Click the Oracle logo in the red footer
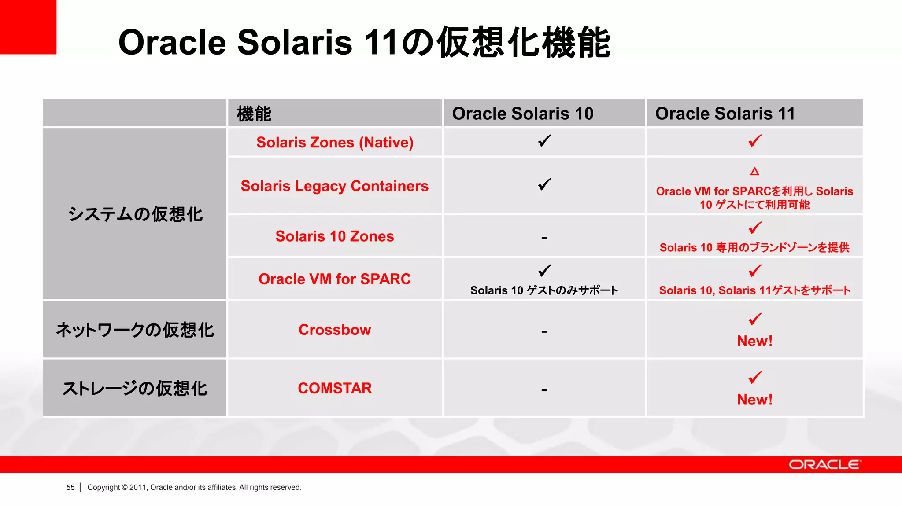(x=824, y=465)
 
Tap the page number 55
(x=70, y=487)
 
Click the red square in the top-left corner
(x=28, y=27)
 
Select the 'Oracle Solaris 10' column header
(x=523, y=114)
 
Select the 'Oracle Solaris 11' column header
(x=725, y=114)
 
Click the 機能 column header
(x=254, y=114)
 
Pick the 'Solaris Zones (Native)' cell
(x=335, y=142)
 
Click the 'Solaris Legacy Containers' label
(x=335, y=186)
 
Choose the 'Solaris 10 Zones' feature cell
(x=335, y=236)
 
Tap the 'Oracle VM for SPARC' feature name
(x=335, y=279)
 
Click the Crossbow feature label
(x=335, y=330)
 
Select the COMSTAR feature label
(x=335, y=388)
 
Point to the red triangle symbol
(x=754, y=171)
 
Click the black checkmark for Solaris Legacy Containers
(x=544, y=184)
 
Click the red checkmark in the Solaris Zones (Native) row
(x=755, y=141)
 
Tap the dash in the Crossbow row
(x=544, y=331)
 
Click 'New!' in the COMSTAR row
(x=754, y=400)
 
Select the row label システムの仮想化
(x=135, y=214)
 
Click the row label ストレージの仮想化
(x=135, y=388)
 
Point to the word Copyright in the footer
(x=104, y=487)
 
